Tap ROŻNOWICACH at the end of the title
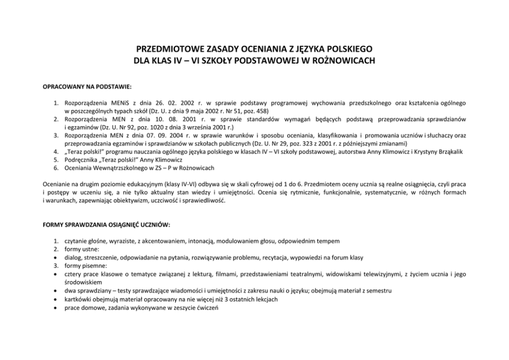click(x=346, y=61)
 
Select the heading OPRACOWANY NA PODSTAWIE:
click(x=87, y=87)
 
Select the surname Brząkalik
click(x=447, y=152)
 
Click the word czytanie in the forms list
click(x=75, y=241)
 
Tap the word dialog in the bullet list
click(x=73, y=257)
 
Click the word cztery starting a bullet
click(x=73, y=274)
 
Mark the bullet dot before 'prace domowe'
click(x=55, y=307)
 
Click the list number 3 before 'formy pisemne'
click(x=56, y=266)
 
